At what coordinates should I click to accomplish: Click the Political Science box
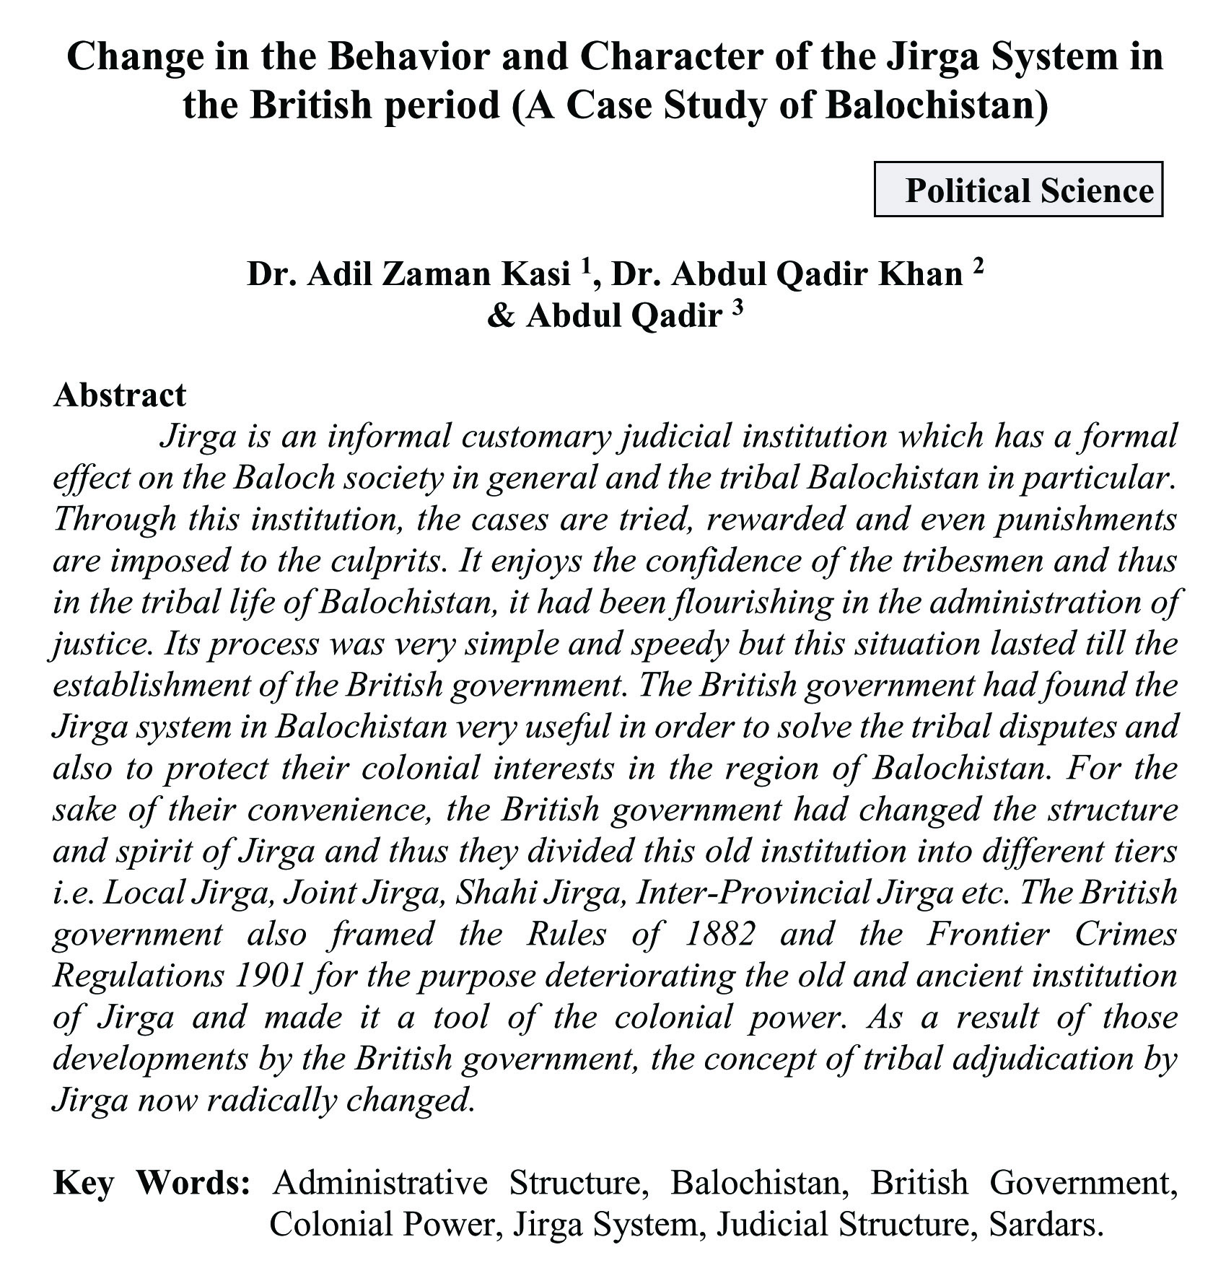tap(1018, 190)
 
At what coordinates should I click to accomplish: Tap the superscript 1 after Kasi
tap(587, 266)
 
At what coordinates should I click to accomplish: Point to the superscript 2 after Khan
tap(978, 266)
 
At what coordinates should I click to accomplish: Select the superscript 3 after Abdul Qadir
tap(737, 307)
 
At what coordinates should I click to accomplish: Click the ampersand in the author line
tap(499, 315)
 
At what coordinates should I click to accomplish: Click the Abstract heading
tap(120, 395)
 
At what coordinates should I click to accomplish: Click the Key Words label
tap(152, 1183)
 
